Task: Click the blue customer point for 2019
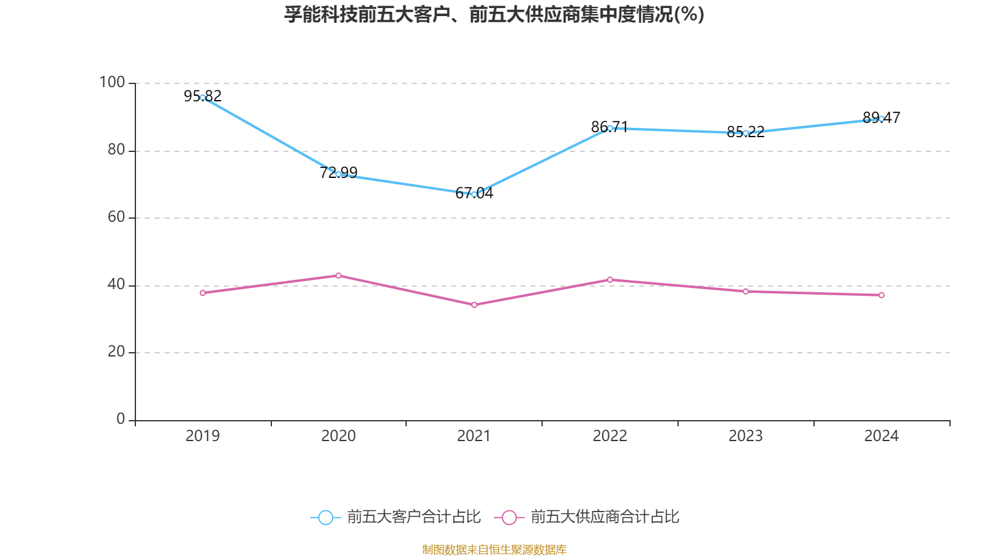203,98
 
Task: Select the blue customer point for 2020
338,174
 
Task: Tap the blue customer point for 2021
474,194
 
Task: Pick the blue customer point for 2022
610,128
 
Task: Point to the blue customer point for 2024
881,119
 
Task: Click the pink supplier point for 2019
203,293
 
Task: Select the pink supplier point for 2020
338,276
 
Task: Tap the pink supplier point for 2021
474,305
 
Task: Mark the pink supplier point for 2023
745,291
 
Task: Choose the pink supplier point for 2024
881,295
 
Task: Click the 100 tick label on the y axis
112,82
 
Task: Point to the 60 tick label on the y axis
116,217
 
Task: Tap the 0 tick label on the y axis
121,419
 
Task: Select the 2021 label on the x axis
474,436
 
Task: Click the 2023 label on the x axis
745,436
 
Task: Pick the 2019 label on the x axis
203,436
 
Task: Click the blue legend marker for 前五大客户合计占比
325,517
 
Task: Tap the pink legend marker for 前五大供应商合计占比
509,517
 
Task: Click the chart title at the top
494,14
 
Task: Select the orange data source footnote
494,549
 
